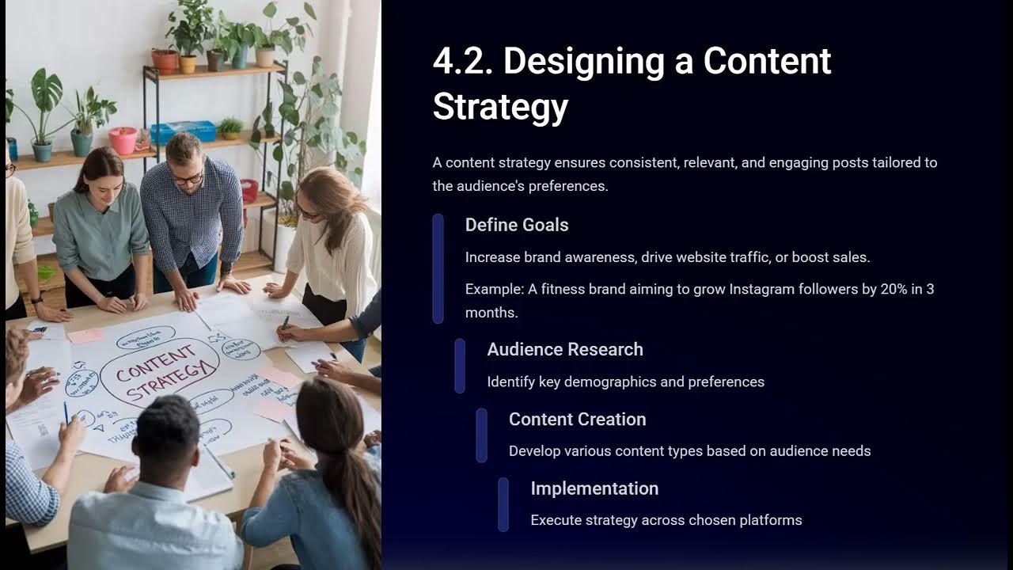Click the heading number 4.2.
462,62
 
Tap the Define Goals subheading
517,225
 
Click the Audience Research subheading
565,349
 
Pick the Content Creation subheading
578,419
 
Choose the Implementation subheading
594,488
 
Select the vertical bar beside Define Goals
438,269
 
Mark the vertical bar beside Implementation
503,504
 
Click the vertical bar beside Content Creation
482,435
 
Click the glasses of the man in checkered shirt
188,179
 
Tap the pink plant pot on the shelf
123,141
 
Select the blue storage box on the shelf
183,131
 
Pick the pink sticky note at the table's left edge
85,336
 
